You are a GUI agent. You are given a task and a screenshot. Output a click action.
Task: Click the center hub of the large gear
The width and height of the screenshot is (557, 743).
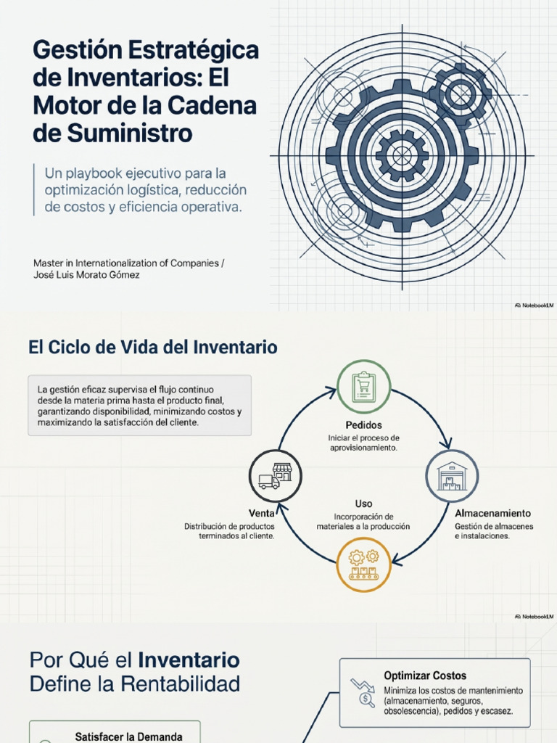[x=402, y=155]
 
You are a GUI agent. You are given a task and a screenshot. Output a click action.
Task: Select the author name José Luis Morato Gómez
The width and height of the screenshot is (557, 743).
[x=86, y=275]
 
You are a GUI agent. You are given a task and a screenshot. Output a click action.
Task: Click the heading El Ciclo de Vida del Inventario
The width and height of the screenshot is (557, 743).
[x=152, y=347]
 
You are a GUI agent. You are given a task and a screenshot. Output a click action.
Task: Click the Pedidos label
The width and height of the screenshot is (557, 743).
[x=363, y=425]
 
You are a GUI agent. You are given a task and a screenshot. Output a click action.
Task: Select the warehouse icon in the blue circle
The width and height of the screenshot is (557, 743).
[x=451, y=476]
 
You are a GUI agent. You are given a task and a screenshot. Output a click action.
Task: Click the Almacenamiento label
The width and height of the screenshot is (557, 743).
[x=492, y=513]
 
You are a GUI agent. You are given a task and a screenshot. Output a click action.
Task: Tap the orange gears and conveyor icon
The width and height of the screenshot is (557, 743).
[x=363, y=565]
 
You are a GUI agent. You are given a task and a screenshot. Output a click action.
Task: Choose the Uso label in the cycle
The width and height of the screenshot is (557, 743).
[x=363, y=504]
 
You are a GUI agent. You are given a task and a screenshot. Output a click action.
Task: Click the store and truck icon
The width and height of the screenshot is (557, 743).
[x=275, y=476]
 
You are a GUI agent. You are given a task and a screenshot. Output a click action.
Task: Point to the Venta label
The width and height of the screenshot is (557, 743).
[x=261, y=513]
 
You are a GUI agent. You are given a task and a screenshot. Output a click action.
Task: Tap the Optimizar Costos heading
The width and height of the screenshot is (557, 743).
[x=425, y=676]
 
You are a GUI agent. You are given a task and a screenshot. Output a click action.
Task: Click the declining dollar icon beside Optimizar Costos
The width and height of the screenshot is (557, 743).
[x=363, y=693]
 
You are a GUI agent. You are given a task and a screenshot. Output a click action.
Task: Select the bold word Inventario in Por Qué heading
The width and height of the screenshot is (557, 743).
[x=189, y=660]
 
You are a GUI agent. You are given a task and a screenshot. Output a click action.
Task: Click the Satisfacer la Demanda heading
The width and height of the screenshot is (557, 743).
[x=128, y=737]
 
